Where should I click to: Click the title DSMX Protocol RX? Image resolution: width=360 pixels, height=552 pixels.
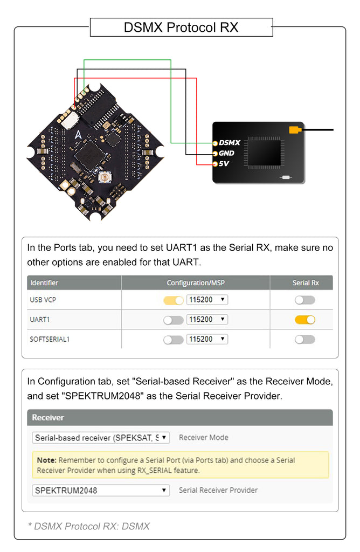click(x=181, y=27)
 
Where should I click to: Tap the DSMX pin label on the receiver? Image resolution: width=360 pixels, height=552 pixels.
click(x=229, y=143)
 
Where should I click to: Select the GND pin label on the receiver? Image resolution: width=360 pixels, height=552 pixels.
click(x=226, y=153)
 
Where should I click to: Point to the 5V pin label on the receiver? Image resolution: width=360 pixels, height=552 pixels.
click(x=224, y=163)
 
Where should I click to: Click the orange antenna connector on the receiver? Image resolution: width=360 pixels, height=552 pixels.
click(x=294, y=129)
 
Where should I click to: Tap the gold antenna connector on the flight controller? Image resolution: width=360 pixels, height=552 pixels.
click(x=101, y=178)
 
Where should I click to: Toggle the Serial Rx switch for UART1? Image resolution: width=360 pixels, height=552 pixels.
click(x=304, y=320)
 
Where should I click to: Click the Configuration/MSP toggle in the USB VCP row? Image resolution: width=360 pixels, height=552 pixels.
click(x=174, y=300)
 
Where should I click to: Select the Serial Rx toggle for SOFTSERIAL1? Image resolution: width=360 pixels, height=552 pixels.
click(x=304, y=339)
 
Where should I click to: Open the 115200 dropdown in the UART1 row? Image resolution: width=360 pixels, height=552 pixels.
click(x=207, y=320)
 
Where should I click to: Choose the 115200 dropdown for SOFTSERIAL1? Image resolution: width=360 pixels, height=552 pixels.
click(x=207, y=339)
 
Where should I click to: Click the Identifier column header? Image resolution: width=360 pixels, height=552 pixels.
click(x=44, y=282)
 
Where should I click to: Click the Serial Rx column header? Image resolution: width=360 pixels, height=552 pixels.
click(x=305, y=282)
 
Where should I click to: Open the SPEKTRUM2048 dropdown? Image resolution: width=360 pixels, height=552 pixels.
click(x=101, y=491)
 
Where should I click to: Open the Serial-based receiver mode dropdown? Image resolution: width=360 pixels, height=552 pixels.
click(x=101, y=438)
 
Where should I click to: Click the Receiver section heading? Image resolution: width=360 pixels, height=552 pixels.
click(x=48, y=417)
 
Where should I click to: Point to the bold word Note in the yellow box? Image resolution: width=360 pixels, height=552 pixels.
click(x=46, y=460)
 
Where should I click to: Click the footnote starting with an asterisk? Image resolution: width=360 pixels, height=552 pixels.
click(x=88, y=526)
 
